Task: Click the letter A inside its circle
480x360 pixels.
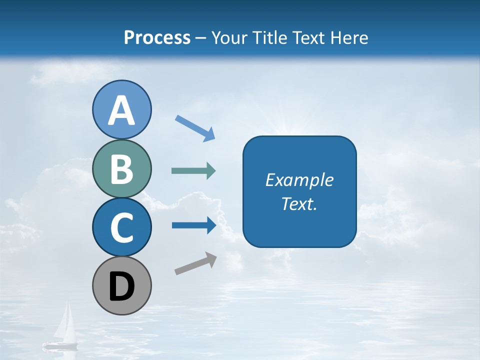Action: click(x=121, y=110)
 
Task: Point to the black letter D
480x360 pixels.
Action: click(x=121, y=287)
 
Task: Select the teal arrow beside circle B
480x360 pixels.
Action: click(x=193, y=171)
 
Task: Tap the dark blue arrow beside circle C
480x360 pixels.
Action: click(x=193, y=225)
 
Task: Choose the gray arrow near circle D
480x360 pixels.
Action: click(x=195, y=263)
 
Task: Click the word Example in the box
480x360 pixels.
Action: click(x=299, y=180)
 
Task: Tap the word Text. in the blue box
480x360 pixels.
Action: click(x=299, y=204)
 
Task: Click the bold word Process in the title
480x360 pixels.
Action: click(x=157, y=37)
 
